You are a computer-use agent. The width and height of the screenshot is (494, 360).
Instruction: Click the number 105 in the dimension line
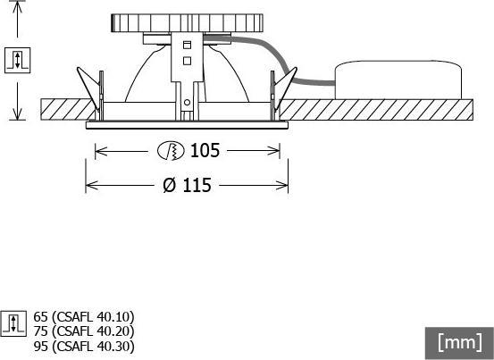205,151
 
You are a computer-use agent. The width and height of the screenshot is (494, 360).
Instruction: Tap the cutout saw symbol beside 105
169,151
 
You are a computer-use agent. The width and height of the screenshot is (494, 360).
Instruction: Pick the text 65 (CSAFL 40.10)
83,316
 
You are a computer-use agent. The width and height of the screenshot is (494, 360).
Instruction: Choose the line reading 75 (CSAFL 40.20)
83,331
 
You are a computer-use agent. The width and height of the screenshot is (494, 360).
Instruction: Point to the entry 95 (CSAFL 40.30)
83,346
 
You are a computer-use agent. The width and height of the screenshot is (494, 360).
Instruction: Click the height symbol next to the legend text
14,322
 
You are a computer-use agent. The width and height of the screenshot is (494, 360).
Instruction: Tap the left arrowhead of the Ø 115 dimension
88,186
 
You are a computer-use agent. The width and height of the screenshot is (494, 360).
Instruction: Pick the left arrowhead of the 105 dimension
98,152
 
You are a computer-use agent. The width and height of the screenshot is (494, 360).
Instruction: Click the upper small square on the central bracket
187,45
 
